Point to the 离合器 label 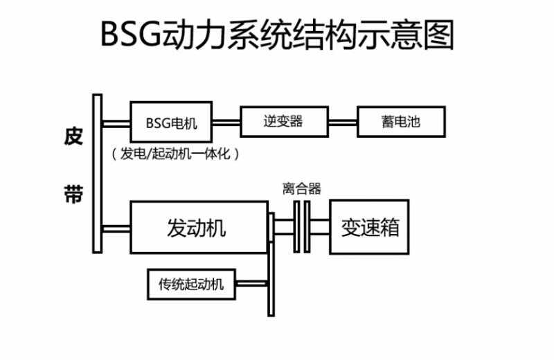(x=302, y=189)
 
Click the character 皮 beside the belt (x=73, y=136)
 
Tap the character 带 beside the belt (x=73, y=194)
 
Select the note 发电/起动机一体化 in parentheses (x=176, y=154)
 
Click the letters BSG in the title (x=131, y=34)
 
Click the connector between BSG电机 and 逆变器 (x=226, y=123)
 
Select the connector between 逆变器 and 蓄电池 (x=343, y=123)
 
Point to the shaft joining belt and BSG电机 (x=116, y=124)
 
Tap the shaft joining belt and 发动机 (x=116, y=229)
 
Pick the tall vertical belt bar (x=97, y=174)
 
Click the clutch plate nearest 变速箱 (x=307, y=227)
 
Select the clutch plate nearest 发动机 (x=296, y=227)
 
